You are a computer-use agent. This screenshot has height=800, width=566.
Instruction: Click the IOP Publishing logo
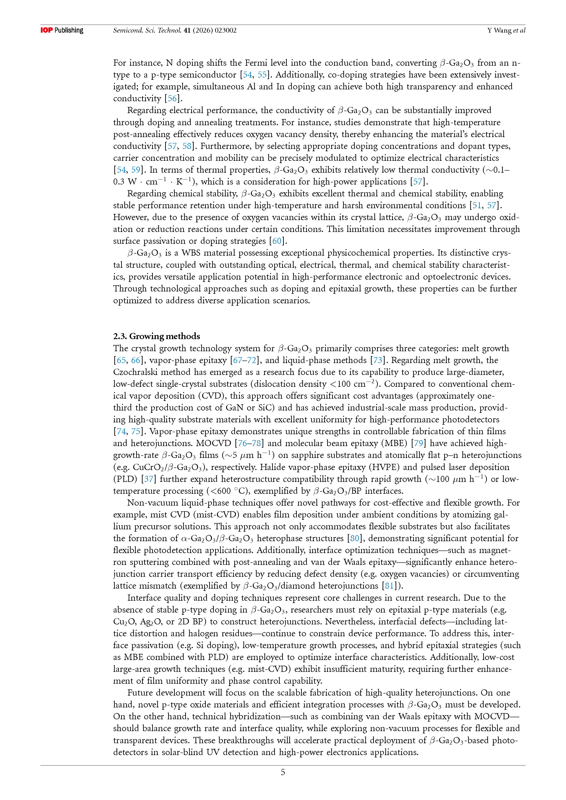pos(62,30)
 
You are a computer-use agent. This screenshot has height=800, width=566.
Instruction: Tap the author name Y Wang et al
pos(506,30)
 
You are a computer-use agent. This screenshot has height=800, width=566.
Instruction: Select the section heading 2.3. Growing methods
pos(156,336)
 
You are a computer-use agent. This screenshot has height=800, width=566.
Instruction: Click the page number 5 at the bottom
pos(283,772)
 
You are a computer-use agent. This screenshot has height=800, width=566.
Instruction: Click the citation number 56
pos(172,98)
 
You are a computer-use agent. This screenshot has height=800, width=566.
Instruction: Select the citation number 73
pos(378,360)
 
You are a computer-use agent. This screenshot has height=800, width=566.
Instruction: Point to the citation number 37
pos(149,479)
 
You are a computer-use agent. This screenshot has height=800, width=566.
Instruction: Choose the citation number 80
pos(355,538)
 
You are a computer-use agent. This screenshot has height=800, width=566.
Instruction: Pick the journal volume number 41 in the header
pos(187,30)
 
